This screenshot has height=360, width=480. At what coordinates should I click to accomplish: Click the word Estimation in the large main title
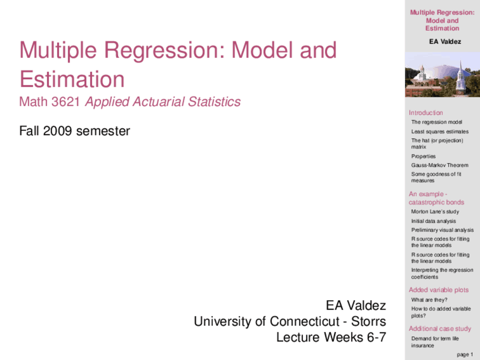click(72, 79)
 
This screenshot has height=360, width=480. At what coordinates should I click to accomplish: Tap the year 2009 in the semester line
click(57, 131)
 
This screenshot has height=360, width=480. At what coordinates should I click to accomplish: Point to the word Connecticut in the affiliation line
click(304, 321)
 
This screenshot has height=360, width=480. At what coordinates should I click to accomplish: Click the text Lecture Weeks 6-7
click(331, 337)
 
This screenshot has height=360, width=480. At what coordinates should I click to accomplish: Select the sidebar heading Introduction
click(426, 112)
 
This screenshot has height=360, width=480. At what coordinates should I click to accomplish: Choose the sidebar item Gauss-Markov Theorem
click(439, 165)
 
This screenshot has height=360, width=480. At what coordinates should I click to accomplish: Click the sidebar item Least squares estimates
click(439, 132)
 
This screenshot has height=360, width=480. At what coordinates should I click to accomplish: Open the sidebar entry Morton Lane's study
click(435, 211)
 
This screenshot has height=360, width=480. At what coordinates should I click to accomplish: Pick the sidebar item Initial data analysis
click(433, 221)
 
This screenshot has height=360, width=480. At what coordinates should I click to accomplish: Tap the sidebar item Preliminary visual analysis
click(442, 230)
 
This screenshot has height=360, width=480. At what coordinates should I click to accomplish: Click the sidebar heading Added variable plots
click(438, 290)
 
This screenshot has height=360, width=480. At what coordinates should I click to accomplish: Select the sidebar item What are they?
click(429, 300)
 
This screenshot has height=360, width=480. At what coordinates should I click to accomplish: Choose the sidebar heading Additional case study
click(439, 328)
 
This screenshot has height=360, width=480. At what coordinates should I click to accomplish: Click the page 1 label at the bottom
click(465, 354)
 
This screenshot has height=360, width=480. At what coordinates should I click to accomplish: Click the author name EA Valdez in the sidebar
click(445, 42)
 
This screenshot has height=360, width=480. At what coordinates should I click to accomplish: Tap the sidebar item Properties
click(423, 156)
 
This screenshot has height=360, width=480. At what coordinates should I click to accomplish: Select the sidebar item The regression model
click(436, 122)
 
